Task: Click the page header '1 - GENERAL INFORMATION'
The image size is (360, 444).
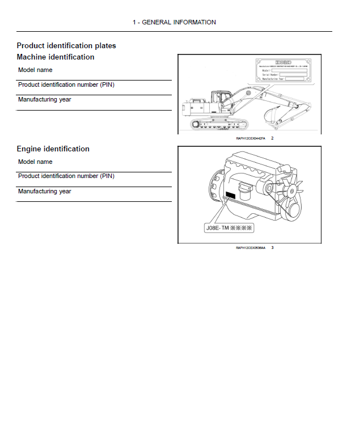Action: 174,22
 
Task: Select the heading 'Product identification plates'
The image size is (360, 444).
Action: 66,45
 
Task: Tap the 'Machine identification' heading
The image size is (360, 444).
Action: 56,57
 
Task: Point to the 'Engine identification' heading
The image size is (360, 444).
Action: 53,149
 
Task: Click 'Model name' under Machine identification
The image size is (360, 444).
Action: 35,70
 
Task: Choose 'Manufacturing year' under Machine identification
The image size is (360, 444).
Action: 44,99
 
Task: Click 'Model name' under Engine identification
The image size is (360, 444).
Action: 35,162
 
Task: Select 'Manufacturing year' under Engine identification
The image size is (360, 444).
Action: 44,191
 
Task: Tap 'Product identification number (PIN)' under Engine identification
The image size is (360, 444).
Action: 66,176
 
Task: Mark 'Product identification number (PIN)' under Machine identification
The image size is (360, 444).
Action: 66,84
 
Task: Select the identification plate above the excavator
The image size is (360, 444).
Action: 282,71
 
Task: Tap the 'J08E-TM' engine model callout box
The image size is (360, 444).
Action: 228,229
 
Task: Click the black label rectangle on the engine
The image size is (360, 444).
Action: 230,194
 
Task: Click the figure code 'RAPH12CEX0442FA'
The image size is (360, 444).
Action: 250,138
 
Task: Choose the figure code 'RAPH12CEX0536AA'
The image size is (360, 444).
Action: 250,248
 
